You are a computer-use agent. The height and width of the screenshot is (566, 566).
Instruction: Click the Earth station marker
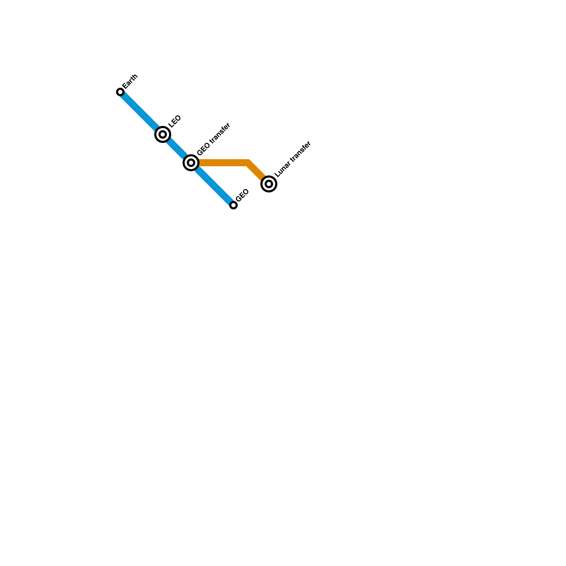pyautogui.click(x=120, y=92)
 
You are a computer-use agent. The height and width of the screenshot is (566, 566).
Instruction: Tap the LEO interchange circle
pyautogui.click(x=163, y=134)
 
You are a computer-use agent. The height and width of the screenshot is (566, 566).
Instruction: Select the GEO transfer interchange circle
pyautogui.click(x=191, y=163)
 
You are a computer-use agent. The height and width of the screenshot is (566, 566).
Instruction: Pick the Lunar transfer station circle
pyautogui.click(x=269, y=184)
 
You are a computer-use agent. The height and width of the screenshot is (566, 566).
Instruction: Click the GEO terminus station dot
pyautogui.click(x=233, y=205)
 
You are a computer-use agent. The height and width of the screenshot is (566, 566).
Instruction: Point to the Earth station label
pyautogui.click(x=130, y=82)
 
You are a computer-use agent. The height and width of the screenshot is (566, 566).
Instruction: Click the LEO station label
pyautogui.click(x=175, y=121)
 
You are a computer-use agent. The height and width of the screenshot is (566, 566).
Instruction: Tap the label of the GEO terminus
pyautogui.click(x=242, y=196)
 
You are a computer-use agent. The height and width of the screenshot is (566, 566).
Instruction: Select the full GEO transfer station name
pyautogui.click(x=214, y=139)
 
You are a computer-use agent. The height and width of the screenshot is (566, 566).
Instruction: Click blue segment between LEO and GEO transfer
pyautogui.click(x=176, y=148)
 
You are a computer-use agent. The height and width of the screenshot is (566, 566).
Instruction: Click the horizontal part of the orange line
pyautogui.click(x=223, y=163)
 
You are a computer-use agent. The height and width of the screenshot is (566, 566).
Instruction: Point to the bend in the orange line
pyautogui.click(x=248, y=163)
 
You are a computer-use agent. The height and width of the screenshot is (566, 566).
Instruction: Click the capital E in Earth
pyautogui.click(x=125, y=86)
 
